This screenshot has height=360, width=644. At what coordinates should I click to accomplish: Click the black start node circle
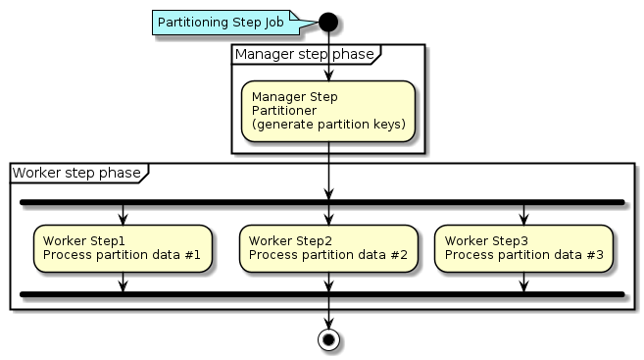(x=328, y=21)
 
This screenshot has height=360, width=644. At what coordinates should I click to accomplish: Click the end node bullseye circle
(x=328, y=339)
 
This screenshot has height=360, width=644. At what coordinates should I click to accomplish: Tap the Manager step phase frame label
(x=304, y=54)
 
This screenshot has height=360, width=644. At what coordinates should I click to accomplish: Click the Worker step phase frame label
(x=76, y=173)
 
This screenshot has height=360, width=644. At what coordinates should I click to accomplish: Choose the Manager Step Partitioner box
(x=327, y=111)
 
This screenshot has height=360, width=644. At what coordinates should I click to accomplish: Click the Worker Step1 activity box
(x=123, y=247)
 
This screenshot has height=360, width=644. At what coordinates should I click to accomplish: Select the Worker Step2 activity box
(x=327, y=247)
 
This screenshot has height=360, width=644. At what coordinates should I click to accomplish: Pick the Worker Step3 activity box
(x=523, y=247)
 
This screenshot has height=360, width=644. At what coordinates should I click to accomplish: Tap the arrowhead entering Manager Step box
(x=328, y=75)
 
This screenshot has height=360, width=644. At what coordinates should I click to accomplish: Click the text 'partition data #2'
(x=353, y=255)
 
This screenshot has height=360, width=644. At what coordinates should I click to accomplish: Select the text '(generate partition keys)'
(x=327, y=125)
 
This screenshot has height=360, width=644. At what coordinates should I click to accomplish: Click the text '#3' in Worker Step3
(x=594, y=255)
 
